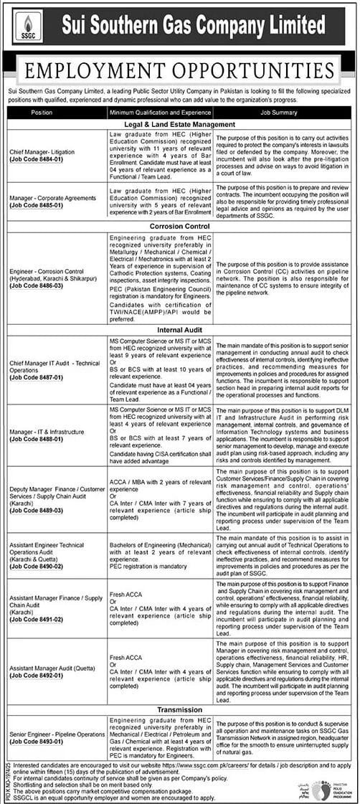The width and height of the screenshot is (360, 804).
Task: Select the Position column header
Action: click(42, 113)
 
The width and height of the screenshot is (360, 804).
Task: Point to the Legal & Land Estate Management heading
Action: click(180, 124)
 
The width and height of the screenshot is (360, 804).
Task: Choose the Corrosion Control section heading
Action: click(180, 224)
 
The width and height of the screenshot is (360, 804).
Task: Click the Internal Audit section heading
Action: click(180, 329)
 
